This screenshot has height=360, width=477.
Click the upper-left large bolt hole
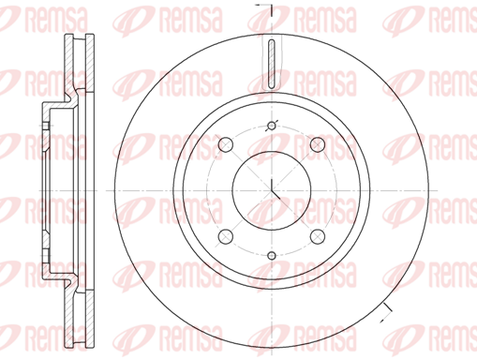pyautogui.click(x=226, y=144)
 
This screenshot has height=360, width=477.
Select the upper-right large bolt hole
pyautogui.click(x=318, y=144)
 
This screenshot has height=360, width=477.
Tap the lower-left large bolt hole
pyautogui.click(x=226, y=236)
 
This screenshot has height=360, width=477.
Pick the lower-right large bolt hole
pyautogui.click(x=318, y=236)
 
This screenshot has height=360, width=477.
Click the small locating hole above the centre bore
pyautogui.click(x=272, y=126)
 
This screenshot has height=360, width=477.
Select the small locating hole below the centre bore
pyautogui.click(x=272, y=256)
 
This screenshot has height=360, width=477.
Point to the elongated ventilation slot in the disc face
pyautogui.click(x=272, y=64)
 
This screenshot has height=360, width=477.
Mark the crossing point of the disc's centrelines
pyautogui.click(x=272, y=190)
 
